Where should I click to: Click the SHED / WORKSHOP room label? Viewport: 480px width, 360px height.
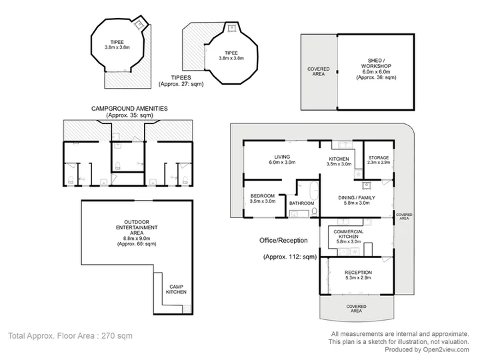(375, 63)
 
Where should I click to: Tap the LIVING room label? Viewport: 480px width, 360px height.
(282, 157)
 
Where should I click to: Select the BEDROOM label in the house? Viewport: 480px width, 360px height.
(263, 196)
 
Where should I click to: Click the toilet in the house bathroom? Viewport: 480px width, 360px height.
(314, 212)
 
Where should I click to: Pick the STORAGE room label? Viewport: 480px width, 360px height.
(379, 157)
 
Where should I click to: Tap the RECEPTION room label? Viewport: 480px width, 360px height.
(358, 273)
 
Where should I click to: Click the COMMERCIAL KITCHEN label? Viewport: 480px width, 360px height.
(349, 234)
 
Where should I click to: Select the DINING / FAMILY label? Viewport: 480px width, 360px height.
(356, 198)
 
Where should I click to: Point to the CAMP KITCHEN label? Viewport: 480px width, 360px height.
(176, 289)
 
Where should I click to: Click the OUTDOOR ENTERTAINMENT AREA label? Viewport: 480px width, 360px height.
(137, 227)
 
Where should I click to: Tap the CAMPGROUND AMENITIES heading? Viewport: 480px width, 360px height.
(129, 109)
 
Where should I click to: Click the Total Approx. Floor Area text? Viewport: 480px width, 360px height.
(70, 336)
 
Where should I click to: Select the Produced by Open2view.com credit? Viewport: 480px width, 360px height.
(427, 349)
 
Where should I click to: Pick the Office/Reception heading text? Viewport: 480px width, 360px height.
(283, 240)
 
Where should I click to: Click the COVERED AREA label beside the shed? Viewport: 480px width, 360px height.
(319, 71)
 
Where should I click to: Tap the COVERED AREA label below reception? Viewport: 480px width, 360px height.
(356, 309)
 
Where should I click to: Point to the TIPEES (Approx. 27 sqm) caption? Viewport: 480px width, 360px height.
(181, 81)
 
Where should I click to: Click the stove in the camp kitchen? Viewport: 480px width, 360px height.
(187, 309)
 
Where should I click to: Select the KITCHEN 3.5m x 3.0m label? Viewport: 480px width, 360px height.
(339, 161)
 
